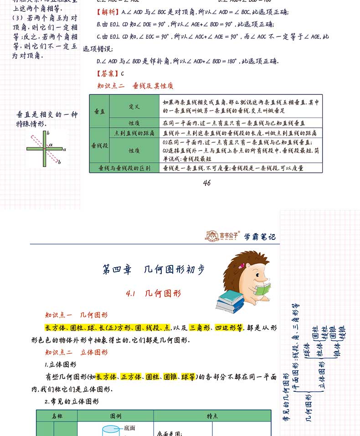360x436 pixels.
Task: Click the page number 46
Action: pos(206,183)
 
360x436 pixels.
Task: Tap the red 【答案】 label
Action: pos(108,73)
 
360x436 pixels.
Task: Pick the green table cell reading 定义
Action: pos(134,106)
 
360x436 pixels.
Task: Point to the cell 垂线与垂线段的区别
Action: pos(124,168)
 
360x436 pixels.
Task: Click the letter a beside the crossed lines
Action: pos(65,149)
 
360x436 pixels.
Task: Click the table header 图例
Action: pos(116,416)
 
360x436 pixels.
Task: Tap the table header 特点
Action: pos(212,416)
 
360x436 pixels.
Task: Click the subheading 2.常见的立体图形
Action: pos(72,401)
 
